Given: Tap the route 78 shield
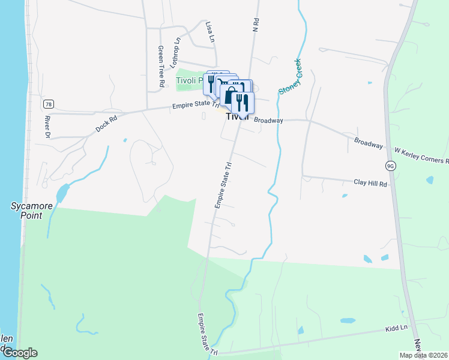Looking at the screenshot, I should [48, 104].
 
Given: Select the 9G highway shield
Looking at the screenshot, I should [390, 166].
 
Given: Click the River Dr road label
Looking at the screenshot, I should [47, 125].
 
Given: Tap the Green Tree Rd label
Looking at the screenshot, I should [161, 67].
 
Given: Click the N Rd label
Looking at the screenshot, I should [256, 24].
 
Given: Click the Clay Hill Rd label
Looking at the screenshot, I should [370, 182].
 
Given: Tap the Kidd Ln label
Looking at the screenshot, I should [396, 328].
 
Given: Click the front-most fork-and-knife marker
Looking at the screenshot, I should [243, 103].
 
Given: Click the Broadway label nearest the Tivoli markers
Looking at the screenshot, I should [268, 121].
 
